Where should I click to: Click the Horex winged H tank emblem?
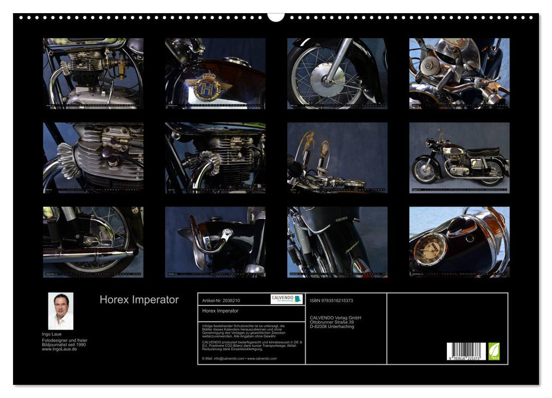click(208, 86)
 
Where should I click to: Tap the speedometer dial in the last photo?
click(430, 249)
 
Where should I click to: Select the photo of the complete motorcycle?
click(459, 157)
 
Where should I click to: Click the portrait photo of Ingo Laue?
click(60, 311)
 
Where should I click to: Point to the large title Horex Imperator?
click(139, 300)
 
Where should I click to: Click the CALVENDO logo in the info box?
click(287, 299)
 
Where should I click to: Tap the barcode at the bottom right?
click(466, 351)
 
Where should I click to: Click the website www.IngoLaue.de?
click(60, 349)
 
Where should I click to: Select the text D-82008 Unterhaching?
click(331, 326)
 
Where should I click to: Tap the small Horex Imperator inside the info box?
click(220, 311)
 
